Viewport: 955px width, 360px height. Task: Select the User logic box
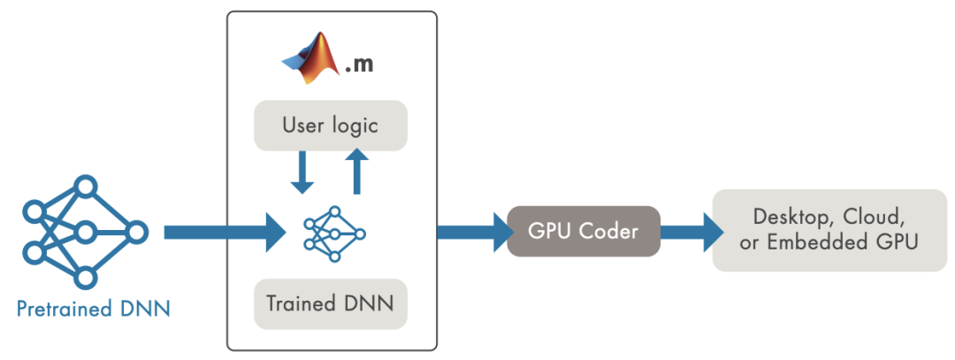pos(330,125)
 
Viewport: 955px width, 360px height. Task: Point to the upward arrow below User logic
pos(356,171)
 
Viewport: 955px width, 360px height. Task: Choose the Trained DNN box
pos(330,303)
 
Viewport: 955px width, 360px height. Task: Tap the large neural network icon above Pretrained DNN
pos(85,233)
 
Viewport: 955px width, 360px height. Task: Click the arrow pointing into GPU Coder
pos(469,232)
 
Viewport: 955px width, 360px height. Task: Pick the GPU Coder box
pos(584,232)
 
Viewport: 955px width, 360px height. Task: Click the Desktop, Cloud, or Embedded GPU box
pos(829,230)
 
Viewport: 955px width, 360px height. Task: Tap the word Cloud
pos(875,216)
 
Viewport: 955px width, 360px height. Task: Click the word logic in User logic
pos(354,125)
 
